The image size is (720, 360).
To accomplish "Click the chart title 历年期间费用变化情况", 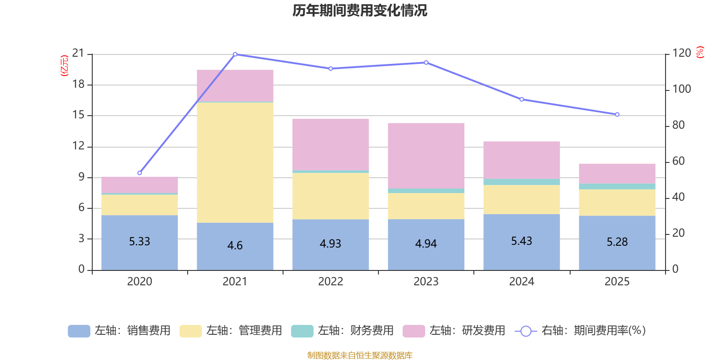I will coord(360,10).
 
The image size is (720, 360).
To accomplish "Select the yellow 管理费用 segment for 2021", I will coord(235,162).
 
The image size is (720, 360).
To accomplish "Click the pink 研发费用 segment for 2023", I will coord(426,156).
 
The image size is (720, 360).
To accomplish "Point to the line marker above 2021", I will coord(235,54).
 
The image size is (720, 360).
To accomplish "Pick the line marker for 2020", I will coord(139,173).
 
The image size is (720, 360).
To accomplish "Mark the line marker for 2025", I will coord(617,115).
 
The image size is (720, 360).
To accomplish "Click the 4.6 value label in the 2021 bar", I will coord(235,246).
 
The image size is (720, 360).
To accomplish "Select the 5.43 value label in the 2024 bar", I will coord(522,241).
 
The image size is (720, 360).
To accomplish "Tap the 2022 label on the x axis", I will coord(330,282).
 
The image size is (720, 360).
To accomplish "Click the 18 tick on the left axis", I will coord(78,84).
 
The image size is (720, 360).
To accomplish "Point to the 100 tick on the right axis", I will coord(681,89).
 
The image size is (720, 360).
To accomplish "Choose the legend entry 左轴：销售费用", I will coord(119,331).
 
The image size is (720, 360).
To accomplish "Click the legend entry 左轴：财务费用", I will coord(342,331).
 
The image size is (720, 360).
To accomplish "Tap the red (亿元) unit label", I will coord(64,66).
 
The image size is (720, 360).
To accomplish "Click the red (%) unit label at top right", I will coord(700,53).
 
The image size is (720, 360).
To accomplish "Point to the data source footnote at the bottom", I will coord(360,355).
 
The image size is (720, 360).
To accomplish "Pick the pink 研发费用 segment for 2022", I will coord(330,144).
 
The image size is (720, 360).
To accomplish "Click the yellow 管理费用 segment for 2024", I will coord(522,199).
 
